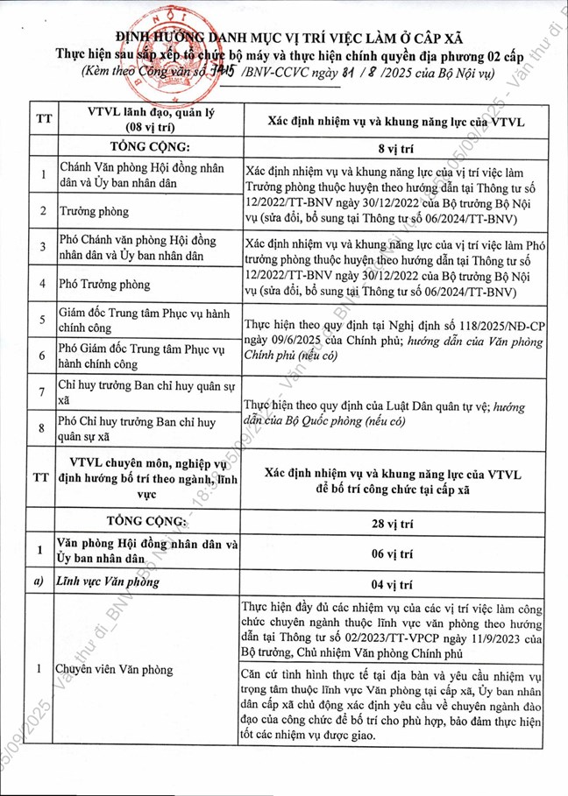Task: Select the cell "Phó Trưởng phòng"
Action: (100, 284)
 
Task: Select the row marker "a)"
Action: (40, 580)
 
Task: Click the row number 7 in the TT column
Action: (40, 393)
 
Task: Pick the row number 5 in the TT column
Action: (40, 321)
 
